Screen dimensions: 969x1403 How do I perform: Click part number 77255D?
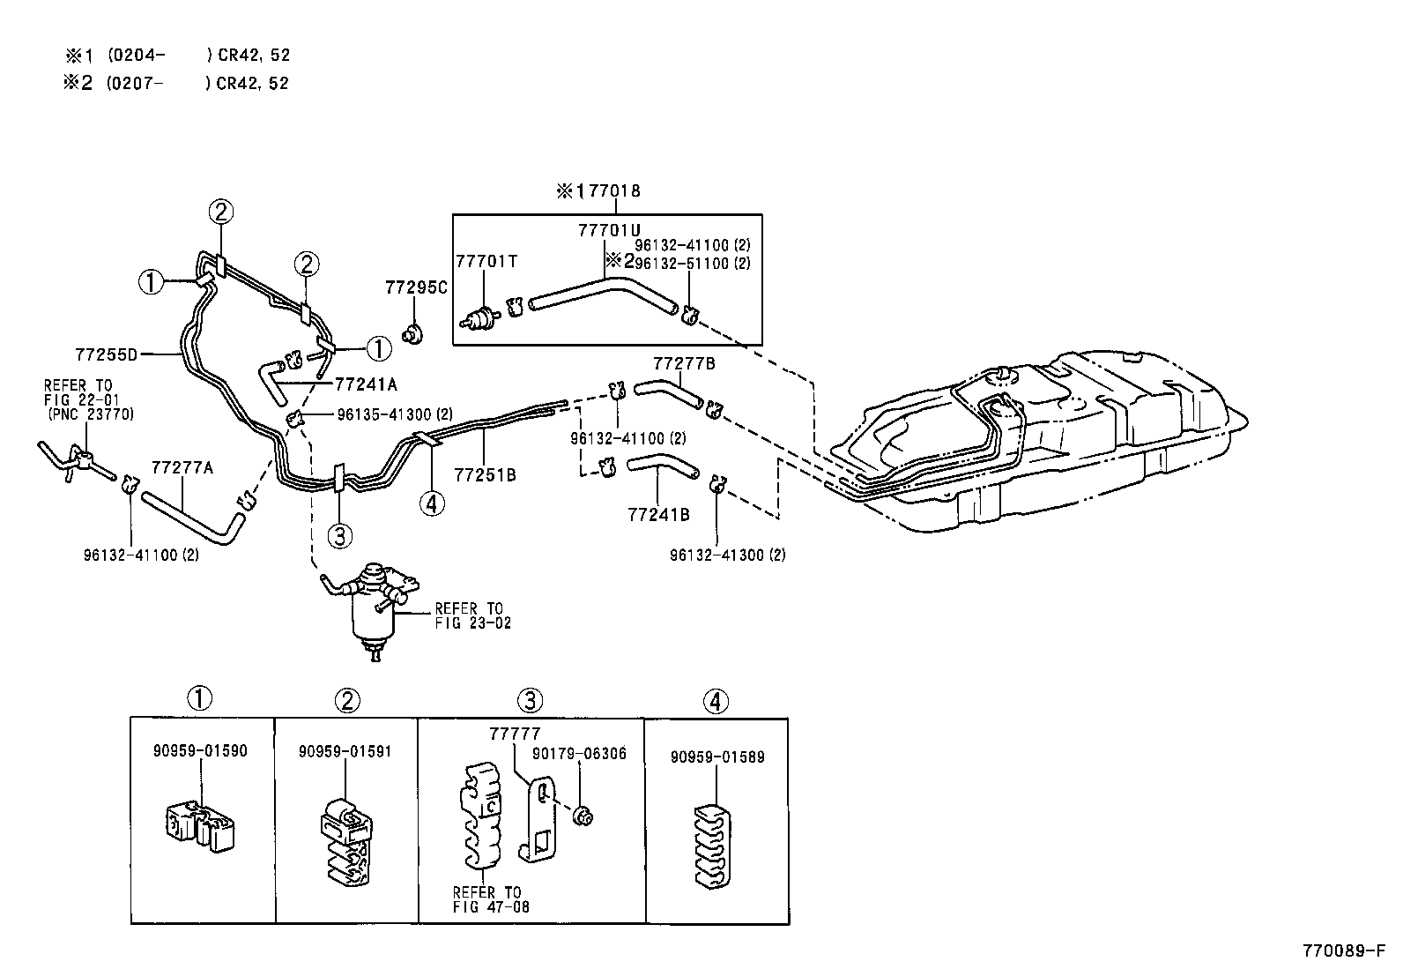coord(107,354)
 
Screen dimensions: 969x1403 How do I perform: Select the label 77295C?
coord(416,287)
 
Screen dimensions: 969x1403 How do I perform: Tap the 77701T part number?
coord(486,261)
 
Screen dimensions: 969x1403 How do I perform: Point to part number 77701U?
coord(609,230)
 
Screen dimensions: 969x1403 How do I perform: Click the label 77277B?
coord(684,363)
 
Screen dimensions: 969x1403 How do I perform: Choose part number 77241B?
coord(658,514)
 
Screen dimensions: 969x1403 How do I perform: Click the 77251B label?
coord(485,475)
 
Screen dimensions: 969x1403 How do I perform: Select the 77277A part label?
coord(182,467)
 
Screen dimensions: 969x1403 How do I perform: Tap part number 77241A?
coord(366,384)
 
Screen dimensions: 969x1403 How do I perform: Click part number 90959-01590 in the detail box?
coord(199,751)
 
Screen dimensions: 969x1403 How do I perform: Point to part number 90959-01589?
coord(716,757)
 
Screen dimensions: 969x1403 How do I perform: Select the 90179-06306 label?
coord(579,753)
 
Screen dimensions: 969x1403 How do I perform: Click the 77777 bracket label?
coord(515,734)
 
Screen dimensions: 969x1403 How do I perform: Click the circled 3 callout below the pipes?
coord(340,534)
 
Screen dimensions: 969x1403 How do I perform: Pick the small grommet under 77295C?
coord(412,334)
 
